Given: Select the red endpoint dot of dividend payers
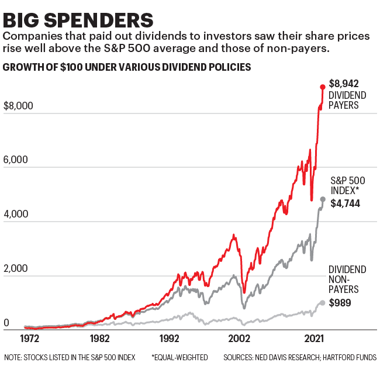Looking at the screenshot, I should click(x=322, y=87).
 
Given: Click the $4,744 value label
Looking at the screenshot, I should click(x=345, y=203).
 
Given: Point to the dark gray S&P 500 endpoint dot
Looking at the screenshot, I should click(x=323, y=199).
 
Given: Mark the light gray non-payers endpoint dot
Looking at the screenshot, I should click(x=323, y=302).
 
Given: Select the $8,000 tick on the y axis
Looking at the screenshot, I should click(x=18, y=106).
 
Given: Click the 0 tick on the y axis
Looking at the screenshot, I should click(x=6, y=323).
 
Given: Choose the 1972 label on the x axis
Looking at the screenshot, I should click(x=29, y=339).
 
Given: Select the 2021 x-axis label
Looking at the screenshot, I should click(x=315, y=339).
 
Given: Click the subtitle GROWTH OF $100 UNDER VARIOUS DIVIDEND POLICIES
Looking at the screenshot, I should click(x=127, y=67).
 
